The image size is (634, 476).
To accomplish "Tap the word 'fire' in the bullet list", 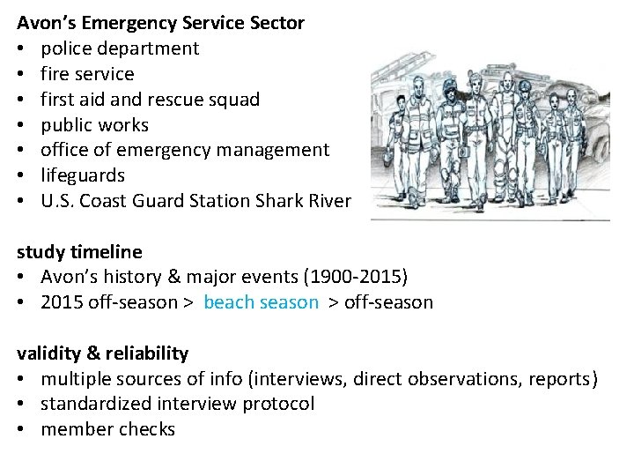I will [55, 74].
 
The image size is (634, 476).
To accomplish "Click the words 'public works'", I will [94, 125].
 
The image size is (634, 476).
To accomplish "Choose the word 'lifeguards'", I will [83, 175].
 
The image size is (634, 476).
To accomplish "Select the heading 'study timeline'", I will [79, 252].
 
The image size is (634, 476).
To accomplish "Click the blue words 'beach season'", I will [261, 302].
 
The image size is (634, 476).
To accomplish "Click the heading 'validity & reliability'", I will [103, 353].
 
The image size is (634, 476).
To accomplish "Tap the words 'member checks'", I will [107, 429].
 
